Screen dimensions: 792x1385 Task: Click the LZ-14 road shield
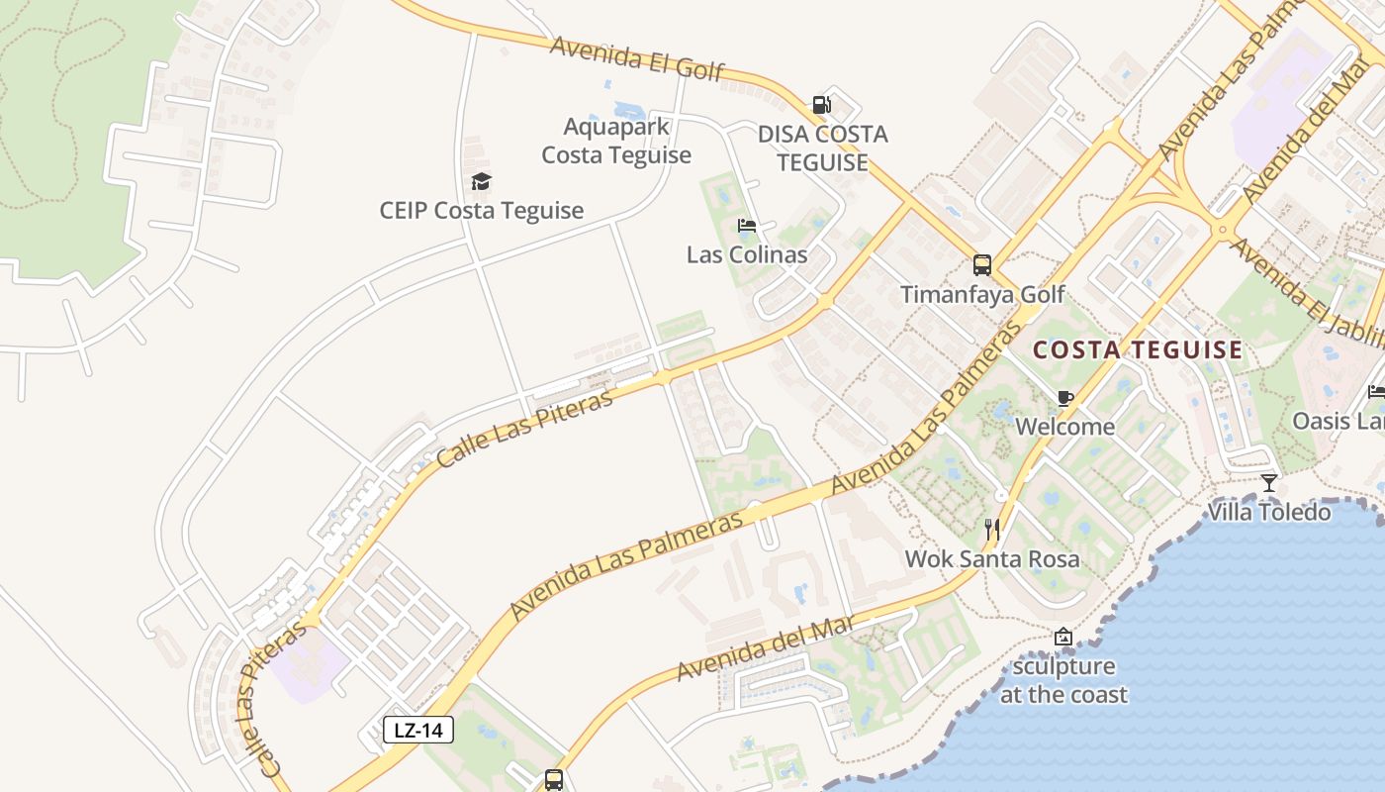click(417, 731)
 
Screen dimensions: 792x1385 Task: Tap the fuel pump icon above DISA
click(821, 104)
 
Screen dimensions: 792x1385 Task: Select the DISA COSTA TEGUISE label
click(823, 148)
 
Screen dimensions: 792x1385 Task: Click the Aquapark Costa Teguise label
click(616, 141)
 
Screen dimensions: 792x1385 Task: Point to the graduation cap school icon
click(482, 181)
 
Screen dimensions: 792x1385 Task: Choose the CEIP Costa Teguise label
click(482, 211)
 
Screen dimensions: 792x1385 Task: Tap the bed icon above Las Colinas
click(747, 226)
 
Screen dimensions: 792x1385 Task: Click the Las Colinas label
click(747, 254)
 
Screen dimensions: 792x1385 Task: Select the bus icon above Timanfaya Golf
click(982, 265)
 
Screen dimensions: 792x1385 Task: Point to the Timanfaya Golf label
click(982, 294)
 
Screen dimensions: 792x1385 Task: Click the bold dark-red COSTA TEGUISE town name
click(1138, 349)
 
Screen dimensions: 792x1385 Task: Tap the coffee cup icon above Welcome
click(1065, 398)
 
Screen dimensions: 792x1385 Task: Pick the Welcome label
click(1065, 427)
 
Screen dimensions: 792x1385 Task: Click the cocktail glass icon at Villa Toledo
click(1269, 483)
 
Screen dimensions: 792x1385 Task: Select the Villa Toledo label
click(1269, 512)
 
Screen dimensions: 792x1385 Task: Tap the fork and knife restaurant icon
click(993, 530)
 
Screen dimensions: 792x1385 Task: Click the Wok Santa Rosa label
click(992, 559)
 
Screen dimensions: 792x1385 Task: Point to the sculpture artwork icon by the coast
click(1063, 637)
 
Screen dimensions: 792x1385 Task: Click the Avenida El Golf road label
click(638, 57)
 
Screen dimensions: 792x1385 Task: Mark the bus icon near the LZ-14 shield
click(554, 780)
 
